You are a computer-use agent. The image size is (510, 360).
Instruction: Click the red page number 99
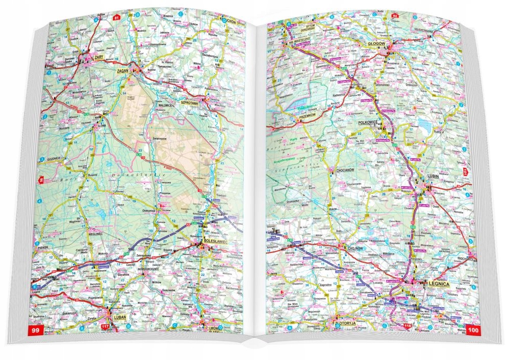point(36,331)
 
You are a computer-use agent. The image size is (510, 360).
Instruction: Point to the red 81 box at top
point(117,18)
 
